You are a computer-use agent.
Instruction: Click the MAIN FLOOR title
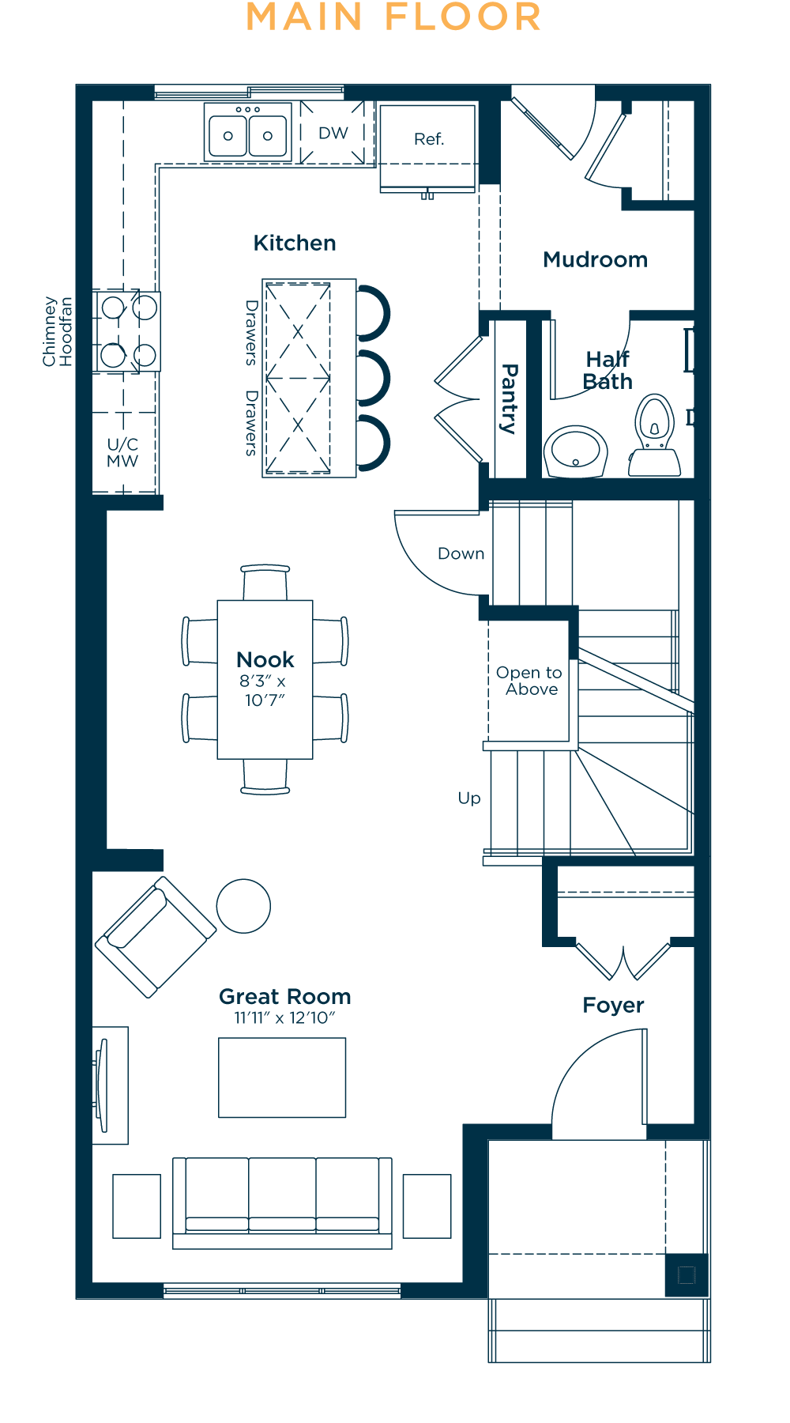coord(393,17)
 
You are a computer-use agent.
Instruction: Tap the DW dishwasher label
coord(333,133)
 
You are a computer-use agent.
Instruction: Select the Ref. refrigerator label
coord(429,139)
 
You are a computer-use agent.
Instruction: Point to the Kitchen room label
coord(295,243)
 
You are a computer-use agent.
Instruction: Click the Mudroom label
coord(596,259)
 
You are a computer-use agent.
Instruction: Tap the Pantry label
coord(510,398)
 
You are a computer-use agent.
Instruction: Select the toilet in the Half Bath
coord(655,436)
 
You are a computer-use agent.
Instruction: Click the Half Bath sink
coord(576,452)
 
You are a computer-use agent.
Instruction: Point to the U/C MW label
coord(122,452)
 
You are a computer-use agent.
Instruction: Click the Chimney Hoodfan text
coord(57,331)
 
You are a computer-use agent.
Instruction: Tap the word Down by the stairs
coord(461,553)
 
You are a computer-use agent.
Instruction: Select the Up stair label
coord(469,798)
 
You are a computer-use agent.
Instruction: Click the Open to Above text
coord(529,681)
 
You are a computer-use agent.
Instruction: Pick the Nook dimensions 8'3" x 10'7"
coord(264,690)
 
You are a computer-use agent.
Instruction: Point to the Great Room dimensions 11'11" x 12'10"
coord(285,1018)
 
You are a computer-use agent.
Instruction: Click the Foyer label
coord(614,1005)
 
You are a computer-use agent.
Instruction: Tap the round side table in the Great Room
coord(243,906)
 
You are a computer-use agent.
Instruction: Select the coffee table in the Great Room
coord(282,1078)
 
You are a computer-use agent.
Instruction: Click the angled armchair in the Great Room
coord(156,937)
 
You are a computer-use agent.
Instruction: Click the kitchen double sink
coord(248,133)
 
